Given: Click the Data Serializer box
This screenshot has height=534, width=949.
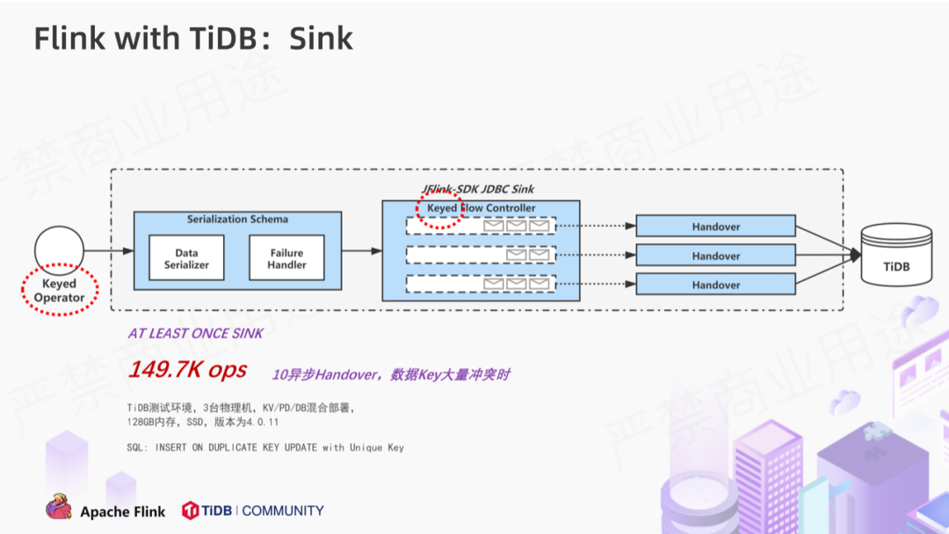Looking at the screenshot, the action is (x=186, y=258).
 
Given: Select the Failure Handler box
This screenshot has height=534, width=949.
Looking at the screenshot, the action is (x=286, y=258).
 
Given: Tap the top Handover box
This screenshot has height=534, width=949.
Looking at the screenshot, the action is (x=715, y=227).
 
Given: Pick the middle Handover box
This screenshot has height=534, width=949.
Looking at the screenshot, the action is (x=715, y=256).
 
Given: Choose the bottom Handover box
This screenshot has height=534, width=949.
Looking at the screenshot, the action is (x=715, y=285).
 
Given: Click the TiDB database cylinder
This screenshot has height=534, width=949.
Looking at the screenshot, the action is (x=896, y=255).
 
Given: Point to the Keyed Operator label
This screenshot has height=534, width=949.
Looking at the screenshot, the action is (x=60, y=291).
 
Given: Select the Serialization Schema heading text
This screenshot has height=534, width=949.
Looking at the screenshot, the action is (x=237, y=219).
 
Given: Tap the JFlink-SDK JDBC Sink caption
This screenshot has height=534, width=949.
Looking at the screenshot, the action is (x=477, y=189).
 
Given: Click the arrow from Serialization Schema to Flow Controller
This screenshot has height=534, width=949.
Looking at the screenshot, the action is (x=362, y=250).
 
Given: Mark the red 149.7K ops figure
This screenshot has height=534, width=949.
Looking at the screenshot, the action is (x=188, y=370).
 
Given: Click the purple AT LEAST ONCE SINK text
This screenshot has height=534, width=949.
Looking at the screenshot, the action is (x=195, y=333).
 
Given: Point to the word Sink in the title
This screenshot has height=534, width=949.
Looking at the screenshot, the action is (x=321, y=38).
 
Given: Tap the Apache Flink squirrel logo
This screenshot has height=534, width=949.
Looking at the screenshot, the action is (x=59, y=508).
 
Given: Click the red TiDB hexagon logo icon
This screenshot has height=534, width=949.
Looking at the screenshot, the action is (x=190, y=510).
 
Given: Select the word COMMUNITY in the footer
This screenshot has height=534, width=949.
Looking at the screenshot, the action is (x=283, y=511).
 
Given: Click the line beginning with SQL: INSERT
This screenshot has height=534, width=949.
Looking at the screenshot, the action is (x=265, y=448).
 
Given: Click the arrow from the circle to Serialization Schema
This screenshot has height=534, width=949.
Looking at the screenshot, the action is (x=109, y=250).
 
